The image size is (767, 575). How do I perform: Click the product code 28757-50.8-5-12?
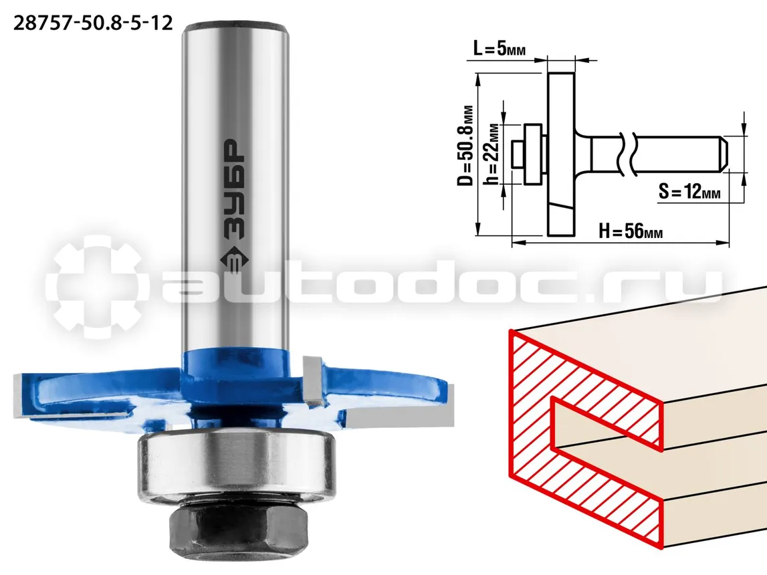pyautogui.click(x=93, y=23)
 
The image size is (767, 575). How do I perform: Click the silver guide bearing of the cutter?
pyautogui.click(x=236, y=467)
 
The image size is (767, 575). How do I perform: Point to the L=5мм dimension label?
pyautogui.click(x=500, y=49)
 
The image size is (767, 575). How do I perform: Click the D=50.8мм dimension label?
pyautogui.click(x=465, y=146)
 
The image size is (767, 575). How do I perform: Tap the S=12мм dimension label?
pyautogui.click(x=689, y=191)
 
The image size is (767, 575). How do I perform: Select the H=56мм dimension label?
pyautogui.click(x=631, y=231)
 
